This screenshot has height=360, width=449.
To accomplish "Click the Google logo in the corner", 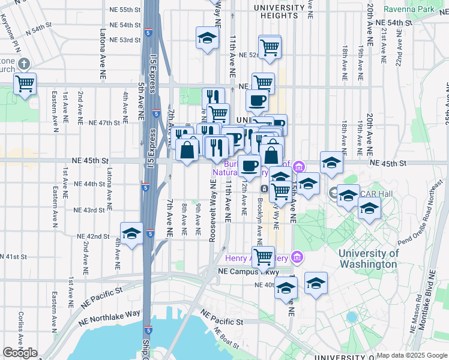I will click(x=20, y=353).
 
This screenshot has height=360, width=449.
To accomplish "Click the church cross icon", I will click(x=24, y=63).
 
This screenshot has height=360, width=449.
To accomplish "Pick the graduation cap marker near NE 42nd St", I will click(x=131, y=234).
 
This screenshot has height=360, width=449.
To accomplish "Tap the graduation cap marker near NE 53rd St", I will click(x=207, y=37).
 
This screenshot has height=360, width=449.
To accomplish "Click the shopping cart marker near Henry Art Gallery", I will click(x=263, y=257).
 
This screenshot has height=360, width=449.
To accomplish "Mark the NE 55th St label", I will click(x=121, y=10).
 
